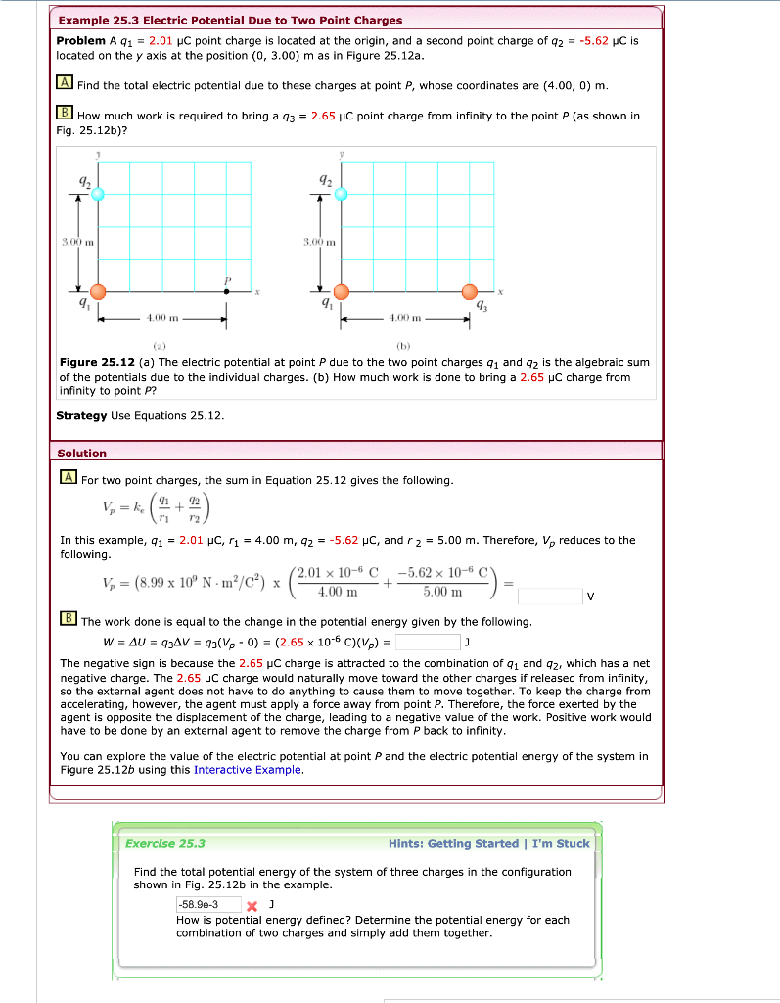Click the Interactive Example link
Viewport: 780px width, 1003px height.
point(248,769)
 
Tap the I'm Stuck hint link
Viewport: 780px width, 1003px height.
point(561,843)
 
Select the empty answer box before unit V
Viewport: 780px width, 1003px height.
point(549,596)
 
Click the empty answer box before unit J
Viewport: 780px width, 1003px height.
point(427,643)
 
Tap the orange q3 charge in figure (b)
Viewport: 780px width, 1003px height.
point(470,291)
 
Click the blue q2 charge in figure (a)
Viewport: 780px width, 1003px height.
point(97,194)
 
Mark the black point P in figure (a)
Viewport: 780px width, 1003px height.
point(227,291)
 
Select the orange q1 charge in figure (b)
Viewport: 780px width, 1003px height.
point(341,291)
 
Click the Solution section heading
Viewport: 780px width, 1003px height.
point(82,453)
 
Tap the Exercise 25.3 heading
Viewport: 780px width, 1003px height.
point(165,843)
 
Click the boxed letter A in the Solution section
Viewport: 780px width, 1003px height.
point(68,480)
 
